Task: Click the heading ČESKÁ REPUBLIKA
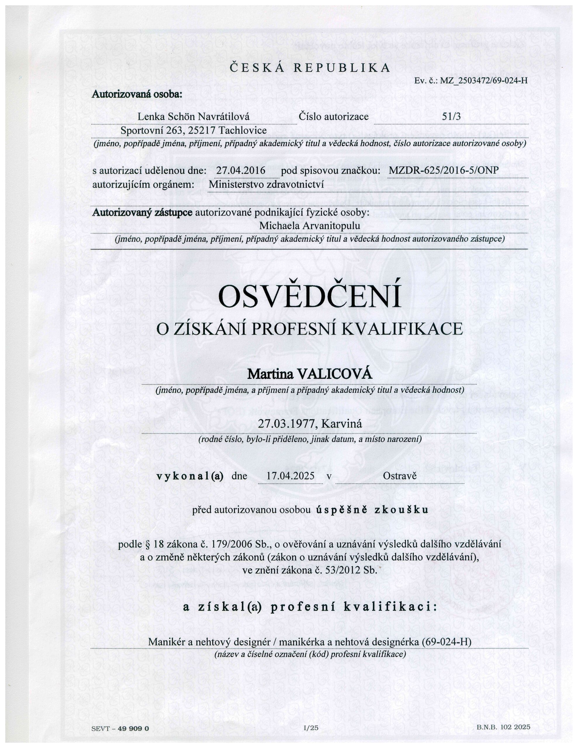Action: pos(310,68)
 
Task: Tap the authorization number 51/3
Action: pos(451,117)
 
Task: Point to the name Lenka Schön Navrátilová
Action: pos(193,117)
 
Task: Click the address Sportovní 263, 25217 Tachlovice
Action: pos(193,131)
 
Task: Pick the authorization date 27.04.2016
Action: pos(241,170)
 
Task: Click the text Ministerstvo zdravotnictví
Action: pos(266,185)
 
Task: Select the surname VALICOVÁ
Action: pos(335,374)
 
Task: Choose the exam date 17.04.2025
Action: pos(290,476)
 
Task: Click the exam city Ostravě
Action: pos(399,476)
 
